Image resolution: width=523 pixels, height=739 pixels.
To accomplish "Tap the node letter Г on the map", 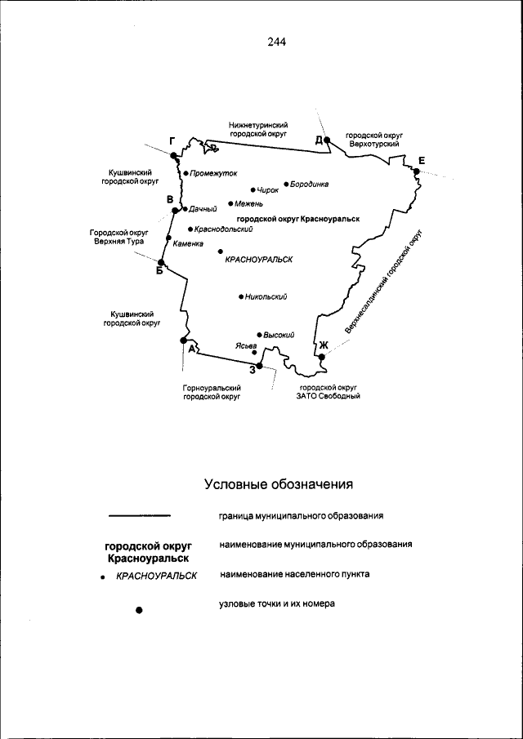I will pos(172,141).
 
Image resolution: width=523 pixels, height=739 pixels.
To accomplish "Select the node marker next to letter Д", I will pos(326,140).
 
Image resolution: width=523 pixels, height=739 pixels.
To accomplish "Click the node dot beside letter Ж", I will pos(322,357).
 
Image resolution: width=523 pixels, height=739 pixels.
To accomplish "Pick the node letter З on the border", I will pos(253,370).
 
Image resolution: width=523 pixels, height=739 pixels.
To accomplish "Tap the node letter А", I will pos(191,349).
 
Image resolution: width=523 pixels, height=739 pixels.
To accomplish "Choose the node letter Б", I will pos(159,272).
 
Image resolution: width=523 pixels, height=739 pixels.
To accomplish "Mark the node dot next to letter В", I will pos(175,211).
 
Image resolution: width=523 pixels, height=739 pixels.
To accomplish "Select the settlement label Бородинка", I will pos(310,184).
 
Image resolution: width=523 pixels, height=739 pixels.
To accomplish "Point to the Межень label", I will pos(245,203).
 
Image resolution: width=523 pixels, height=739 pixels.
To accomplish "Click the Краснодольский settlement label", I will pos(223,229).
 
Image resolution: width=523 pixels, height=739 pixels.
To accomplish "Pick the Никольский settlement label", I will pos(266,296).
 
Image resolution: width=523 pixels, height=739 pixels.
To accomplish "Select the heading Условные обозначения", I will pos(278,485).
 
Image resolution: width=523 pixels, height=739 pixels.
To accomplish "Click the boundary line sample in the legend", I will pos(140,516).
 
